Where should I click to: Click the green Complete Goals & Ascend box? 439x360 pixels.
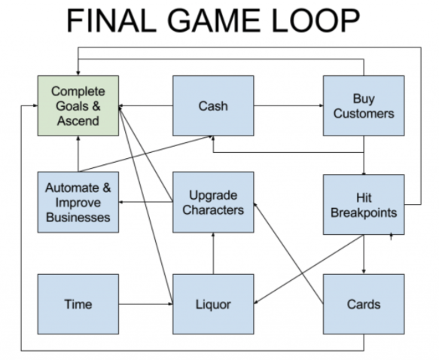[x=78, y=106]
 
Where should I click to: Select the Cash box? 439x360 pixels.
[x=212, y=106]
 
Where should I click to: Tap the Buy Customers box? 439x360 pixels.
[x=364, y=106]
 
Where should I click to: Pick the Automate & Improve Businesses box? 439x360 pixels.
[x=78, y=203]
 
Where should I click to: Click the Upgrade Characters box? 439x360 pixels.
[x=213, y=203]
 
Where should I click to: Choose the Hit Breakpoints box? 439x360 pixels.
[x=364, y=204]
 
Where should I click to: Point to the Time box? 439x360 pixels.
[x=78, y=304]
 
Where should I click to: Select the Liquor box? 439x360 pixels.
[x=213, y=304]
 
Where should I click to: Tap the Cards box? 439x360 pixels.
[x=364, y=304]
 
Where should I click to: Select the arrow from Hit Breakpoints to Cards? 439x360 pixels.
[x=364, y=253]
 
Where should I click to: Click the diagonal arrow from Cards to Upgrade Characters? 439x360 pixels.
[x=290, y=253]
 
